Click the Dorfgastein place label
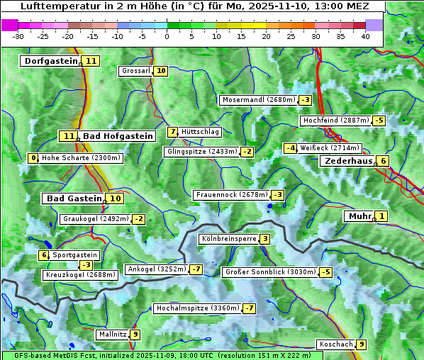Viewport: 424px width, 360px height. point(50,61)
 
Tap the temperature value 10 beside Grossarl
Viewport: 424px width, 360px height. point(161,71)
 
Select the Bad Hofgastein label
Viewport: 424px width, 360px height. point(117,136)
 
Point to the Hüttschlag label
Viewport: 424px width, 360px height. point(201,132)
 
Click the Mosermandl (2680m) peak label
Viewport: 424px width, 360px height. point(258,100)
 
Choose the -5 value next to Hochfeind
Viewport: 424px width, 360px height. point(379,120)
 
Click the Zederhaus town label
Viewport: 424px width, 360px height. point(347,161)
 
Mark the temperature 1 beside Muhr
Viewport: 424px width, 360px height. point(382,216)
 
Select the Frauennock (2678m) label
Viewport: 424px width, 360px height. point(231,195)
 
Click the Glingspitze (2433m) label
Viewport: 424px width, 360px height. point(202,152)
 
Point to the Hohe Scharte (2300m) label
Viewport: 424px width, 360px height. point(81,158)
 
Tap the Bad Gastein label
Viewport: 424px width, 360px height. point(74,198)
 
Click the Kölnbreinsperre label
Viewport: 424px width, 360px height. point(228,239)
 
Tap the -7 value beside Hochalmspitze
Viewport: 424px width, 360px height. point(249,308)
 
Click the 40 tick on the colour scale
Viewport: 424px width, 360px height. point(365,36)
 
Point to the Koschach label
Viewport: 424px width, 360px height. point(336,344)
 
